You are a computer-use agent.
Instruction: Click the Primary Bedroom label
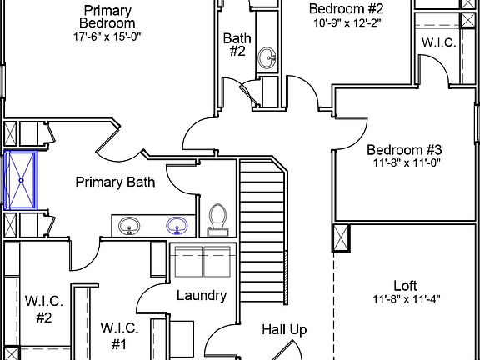(107, 17)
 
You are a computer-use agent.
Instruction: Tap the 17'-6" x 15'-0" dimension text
(107, 37)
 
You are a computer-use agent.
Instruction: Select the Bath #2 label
(237, 45)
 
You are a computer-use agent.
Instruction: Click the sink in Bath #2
(267, 57)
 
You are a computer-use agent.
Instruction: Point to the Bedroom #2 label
(346, 8)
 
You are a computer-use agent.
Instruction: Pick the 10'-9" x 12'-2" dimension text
(347, 23)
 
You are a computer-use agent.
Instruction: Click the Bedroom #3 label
(404, 150)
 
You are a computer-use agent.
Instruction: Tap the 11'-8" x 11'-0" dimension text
(407, 162)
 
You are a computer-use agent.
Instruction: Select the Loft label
(405, 286)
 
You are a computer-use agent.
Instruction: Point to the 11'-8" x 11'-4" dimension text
(407, 299)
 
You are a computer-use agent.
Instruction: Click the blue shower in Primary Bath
(21, 180)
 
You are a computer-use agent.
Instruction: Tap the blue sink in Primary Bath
(177, 226)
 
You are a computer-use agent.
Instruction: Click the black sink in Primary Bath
(129, 226)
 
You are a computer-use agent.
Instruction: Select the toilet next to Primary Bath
(217, 220)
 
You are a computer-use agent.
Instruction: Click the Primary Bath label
(115, 182)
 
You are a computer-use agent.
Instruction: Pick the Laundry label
(202, 296)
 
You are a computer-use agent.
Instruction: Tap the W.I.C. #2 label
(44, 309)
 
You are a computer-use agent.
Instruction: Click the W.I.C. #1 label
(119, 336)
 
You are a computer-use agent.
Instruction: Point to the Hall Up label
(284, 330)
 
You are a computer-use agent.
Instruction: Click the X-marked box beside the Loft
(341, 238)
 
